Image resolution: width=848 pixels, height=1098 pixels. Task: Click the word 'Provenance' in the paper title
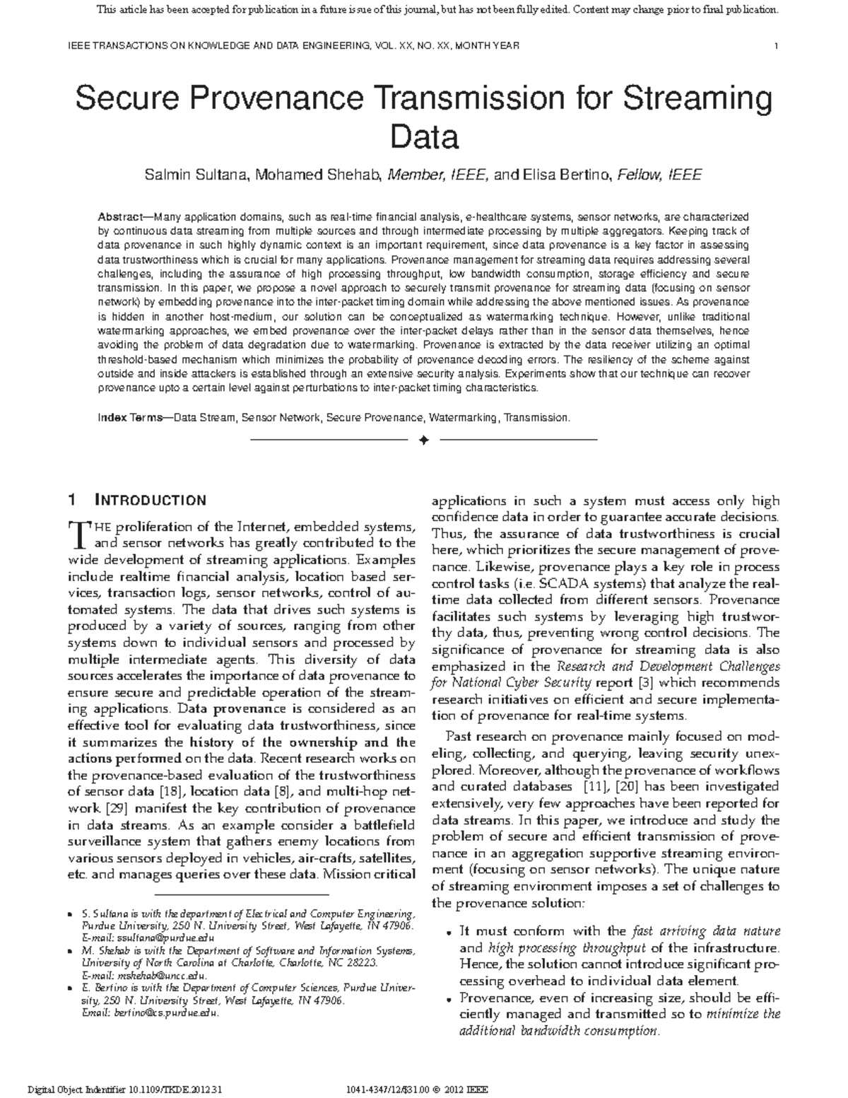(261, 99)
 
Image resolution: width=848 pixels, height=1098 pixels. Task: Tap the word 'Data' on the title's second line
(424, 137)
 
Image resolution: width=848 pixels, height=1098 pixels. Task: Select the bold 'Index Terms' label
(130, 418)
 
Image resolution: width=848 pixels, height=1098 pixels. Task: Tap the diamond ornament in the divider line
(424, 440)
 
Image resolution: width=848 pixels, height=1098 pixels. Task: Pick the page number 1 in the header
(777, 46)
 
